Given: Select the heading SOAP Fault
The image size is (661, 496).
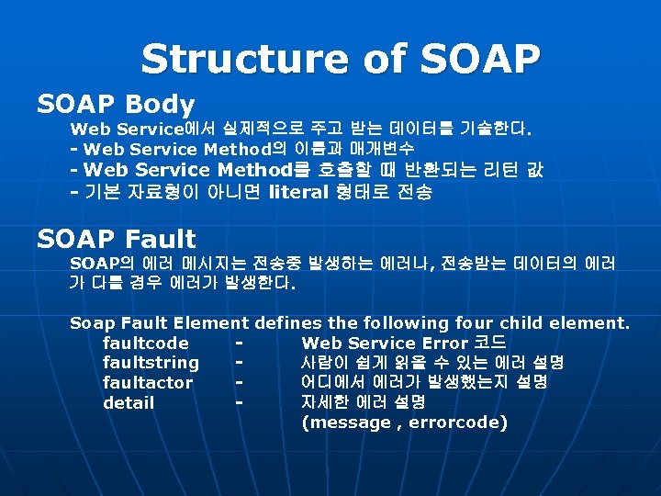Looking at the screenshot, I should (x=117, y=240).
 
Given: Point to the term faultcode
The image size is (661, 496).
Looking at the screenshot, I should (x=146, y=343).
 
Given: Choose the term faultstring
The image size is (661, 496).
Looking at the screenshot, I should (x=151, y=363).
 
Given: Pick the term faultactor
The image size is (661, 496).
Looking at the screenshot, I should (x=148, y=383).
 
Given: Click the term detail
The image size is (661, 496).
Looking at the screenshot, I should (x=129, y=403).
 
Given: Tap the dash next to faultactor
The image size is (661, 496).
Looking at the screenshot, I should (x=239, y=383).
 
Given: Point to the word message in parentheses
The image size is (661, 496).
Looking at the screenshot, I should (x=351, y=423).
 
